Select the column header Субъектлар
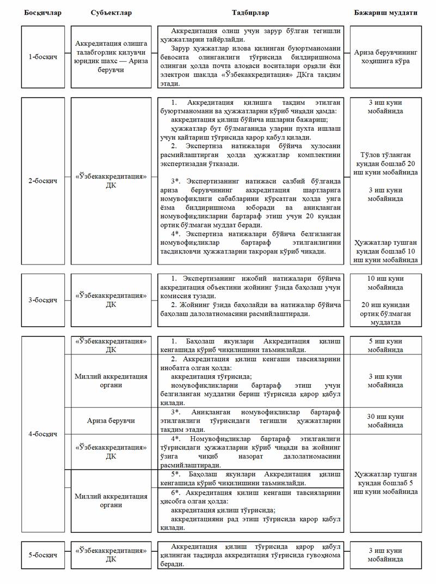coord(111,12)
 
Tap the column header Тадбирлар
coord(250,12)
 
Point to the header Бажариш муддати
coord(385,12)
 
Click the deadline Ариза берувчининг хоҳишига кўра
coord(385,57)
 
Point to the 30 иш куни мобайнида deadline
coord(385,420)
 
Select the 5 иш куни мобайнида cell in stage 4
coord(385,345)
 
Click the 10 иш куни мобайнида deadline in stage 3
coord(385,282)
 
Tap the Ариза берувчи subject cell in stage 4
coord(111,420)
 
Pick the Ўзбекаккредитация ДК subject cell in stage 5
coord(111,555)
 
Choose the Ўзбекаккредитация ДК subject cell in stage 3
coord(111,300)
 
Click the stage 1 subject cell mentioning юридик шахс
coord(111,57)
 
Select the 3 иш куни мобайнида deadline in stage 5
coord(385,555)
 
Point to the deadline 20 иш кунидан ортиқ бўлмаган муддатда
coord(385,313)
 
